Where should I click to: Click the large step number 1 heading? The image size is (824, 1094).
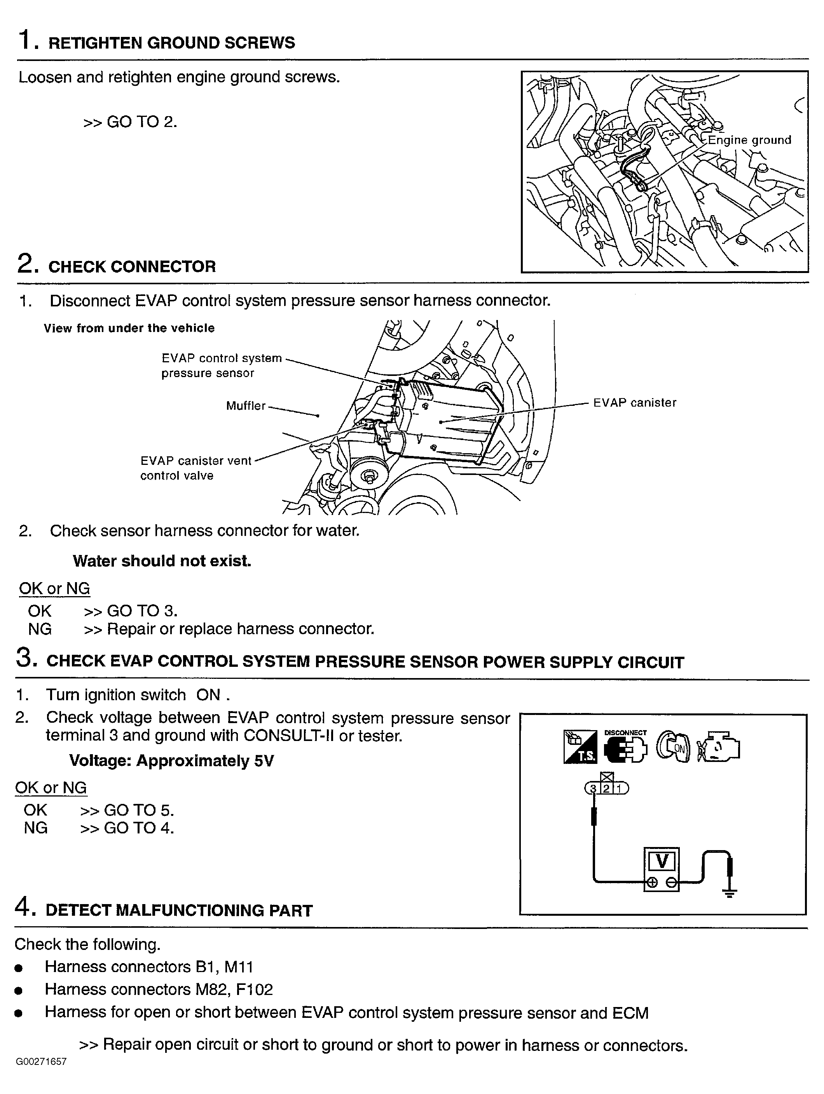26,40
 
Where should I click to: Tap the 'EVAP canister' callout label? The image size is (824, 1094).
634,403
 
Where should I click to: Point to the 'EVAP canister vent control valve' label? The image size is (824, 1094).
196,468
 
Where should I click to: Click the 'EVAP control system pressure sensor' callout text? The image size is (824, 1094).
221,365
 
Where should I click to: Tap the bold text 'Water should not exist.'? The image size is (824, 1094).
162,561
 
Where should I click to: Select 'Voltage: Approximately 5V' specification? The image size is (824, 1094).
171,760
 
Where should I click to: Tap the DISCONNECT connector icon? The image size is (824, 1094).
625,747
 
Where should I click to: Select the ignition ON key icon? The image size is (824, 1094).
673,747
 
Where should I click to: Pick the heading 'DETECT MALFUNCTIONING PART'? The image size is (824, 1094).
179,911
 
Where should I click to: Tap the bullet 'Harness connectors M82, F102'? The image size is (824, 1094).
158,989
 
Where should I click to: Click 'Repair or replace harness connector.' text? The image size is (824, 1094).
241,629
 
